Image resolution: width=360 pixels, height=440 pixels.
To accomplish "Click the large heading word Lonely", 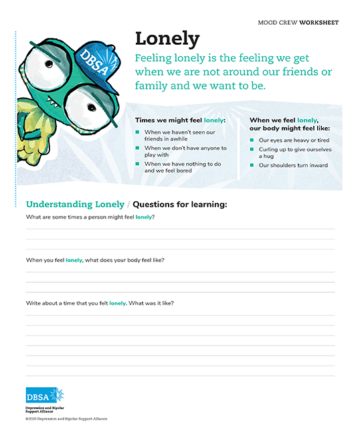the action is pyautogui.click(x=167, y=38).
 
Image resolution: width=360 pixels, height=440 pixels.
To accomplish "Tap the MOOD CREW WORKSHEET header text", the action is pyautogui.click(x=298, y=23).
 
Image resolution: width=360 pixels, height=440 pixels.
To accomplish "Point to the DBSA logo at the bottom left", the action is pyautogui.click(x=45, y=395).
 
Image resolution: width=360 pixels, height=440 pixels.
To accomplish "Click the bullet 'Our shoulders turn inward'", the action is pyautogui.click(x=293, y=165).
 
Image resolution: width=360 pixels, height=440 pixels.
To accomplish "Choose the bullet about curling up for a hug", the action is pyautogui.click(x=294, y=152).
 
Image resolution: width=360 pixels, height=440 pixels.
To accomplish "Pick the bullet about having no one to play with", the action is pyautogui.click(x=185, y=152).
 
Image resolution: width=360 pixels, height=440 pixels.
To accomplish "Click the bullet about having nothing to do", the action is pyautogui.click(x=182, y=167).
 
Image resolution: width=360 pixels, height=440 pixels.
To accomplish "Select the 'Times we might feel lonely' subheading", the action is pyautogui.click(x=180, y=120).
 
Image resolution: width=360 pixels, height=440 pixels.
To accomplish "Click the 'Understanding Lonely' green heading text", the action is pyautogui.click(x=75, y=205).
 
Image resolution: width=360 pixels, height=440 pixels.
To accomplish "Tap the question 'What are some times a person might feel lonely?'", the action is pyautogui.click(x=90, y=217).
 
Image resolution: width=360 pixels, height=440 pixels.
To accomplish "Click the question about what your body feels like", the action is pyautogui.click(x=95, y=259).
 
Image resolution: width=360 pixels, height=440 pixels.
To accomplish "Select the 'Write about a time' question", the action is pyautogui.click(x=100, y=303).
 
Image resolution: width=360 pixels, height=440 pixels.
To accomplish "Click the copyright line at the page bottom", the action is pyautogui.click(x=66, y=419).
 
